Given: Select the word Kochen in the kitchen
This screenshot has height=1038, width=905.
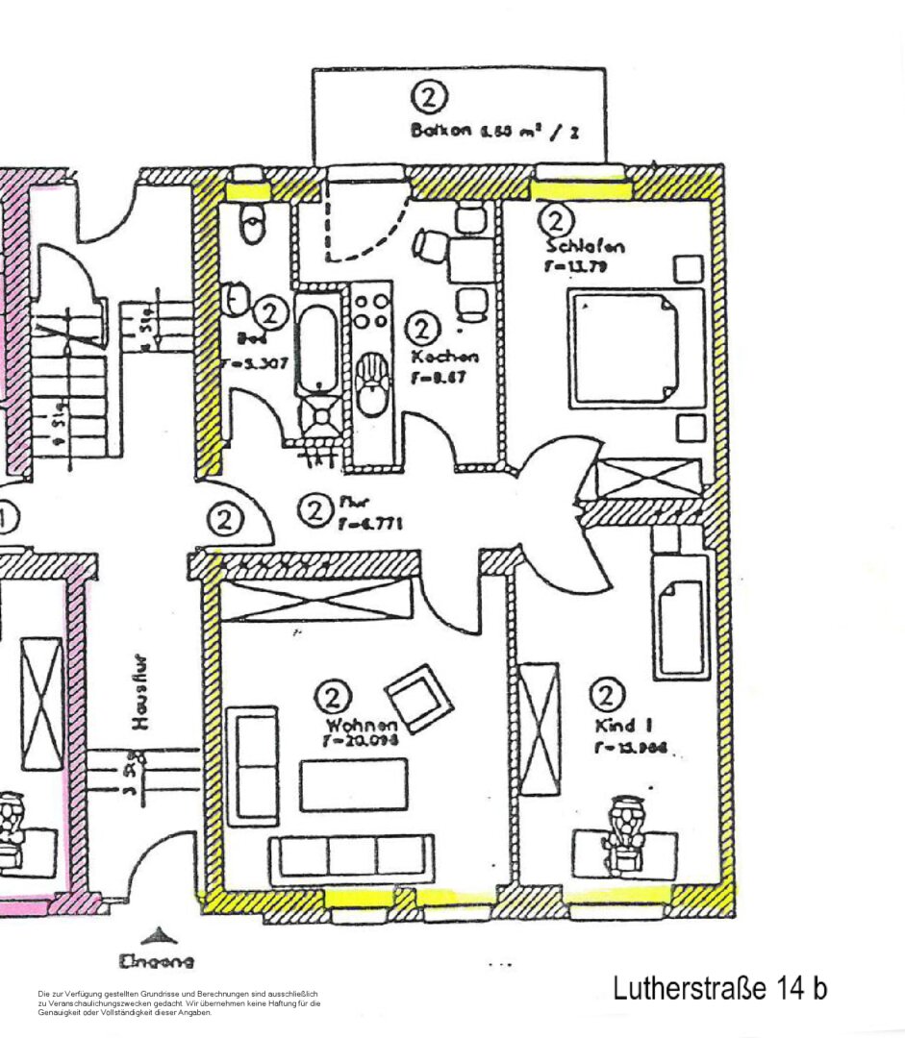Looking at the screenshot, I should (x=443, y=357).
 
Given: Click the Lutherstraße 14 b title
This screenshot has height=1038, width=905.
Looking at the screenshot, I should (x=719, y=987).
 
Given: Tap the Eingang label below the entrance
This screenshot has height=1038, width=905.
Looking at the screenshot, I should (x=156, y=960).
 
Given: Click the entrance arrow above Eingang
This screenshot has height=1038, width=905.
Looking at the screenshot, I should (x=156, y=935).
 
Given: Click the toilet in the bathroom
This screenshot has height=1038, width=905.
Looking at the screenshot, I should (x=253, y=224).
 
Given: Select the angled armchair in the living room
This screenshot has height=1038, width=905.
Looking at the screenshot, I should (x=418, y=698).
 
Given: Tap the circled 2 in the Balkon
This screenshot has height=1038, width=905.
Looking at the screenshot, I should (x=430, y=98).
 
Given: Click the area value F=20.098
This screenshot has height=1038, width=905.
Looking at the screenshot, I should (x=360, y=742).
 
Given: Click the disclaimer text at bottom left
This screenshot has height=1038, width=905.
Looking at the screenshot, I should (x=179, y=1002).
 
